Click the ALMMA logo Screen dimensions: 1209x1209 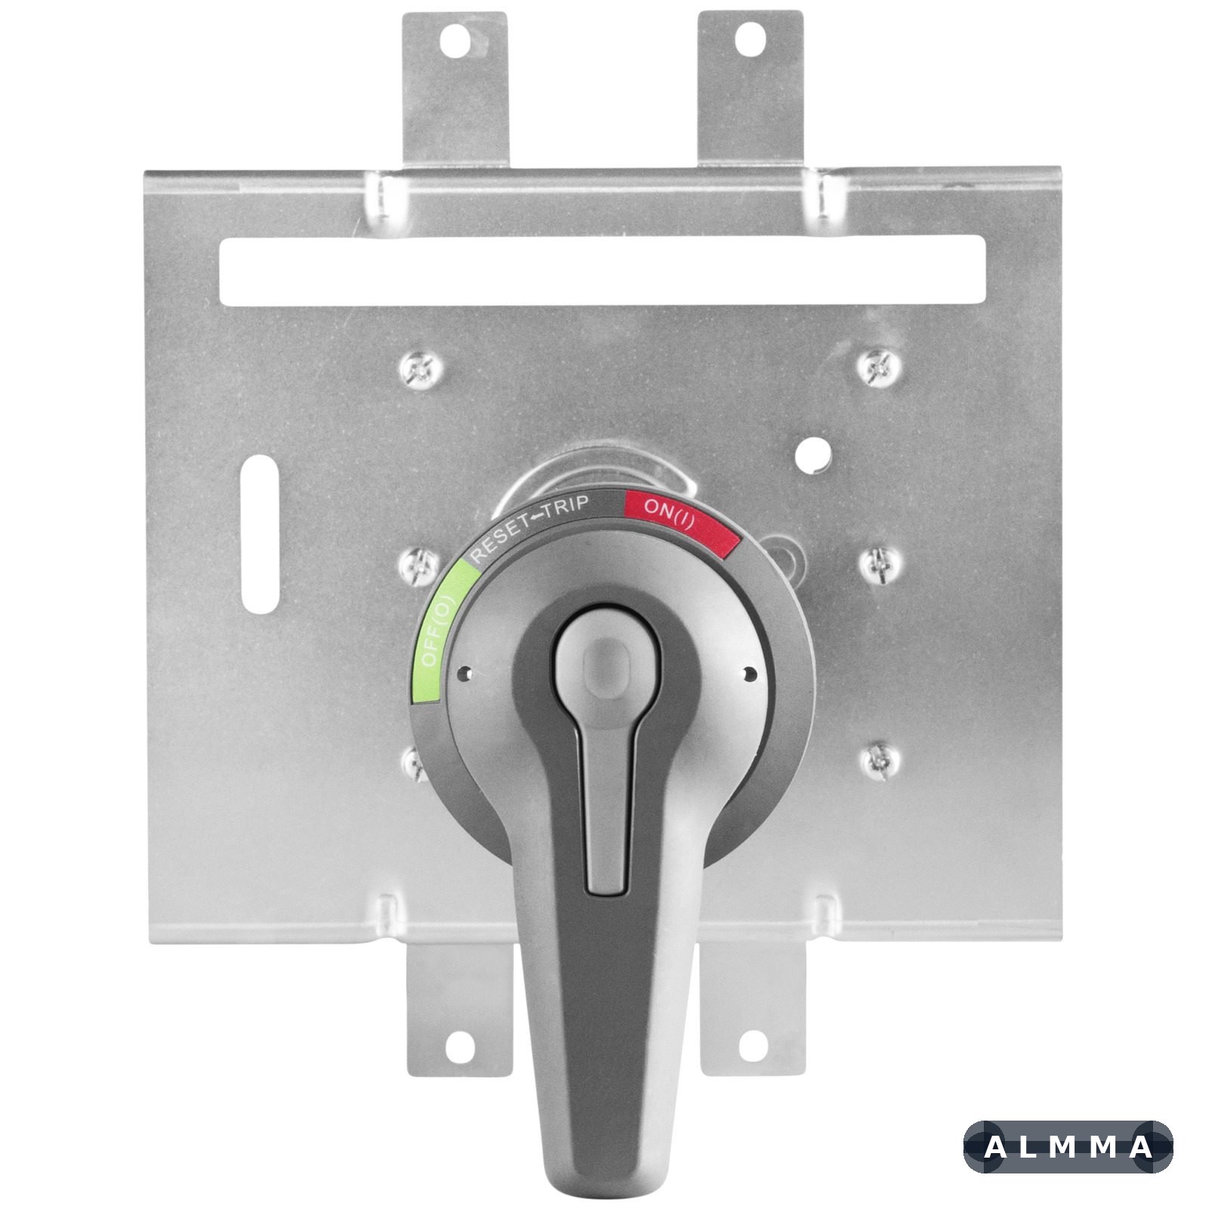1068,1147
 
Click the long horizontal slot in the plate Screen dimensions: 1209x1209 602,270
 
